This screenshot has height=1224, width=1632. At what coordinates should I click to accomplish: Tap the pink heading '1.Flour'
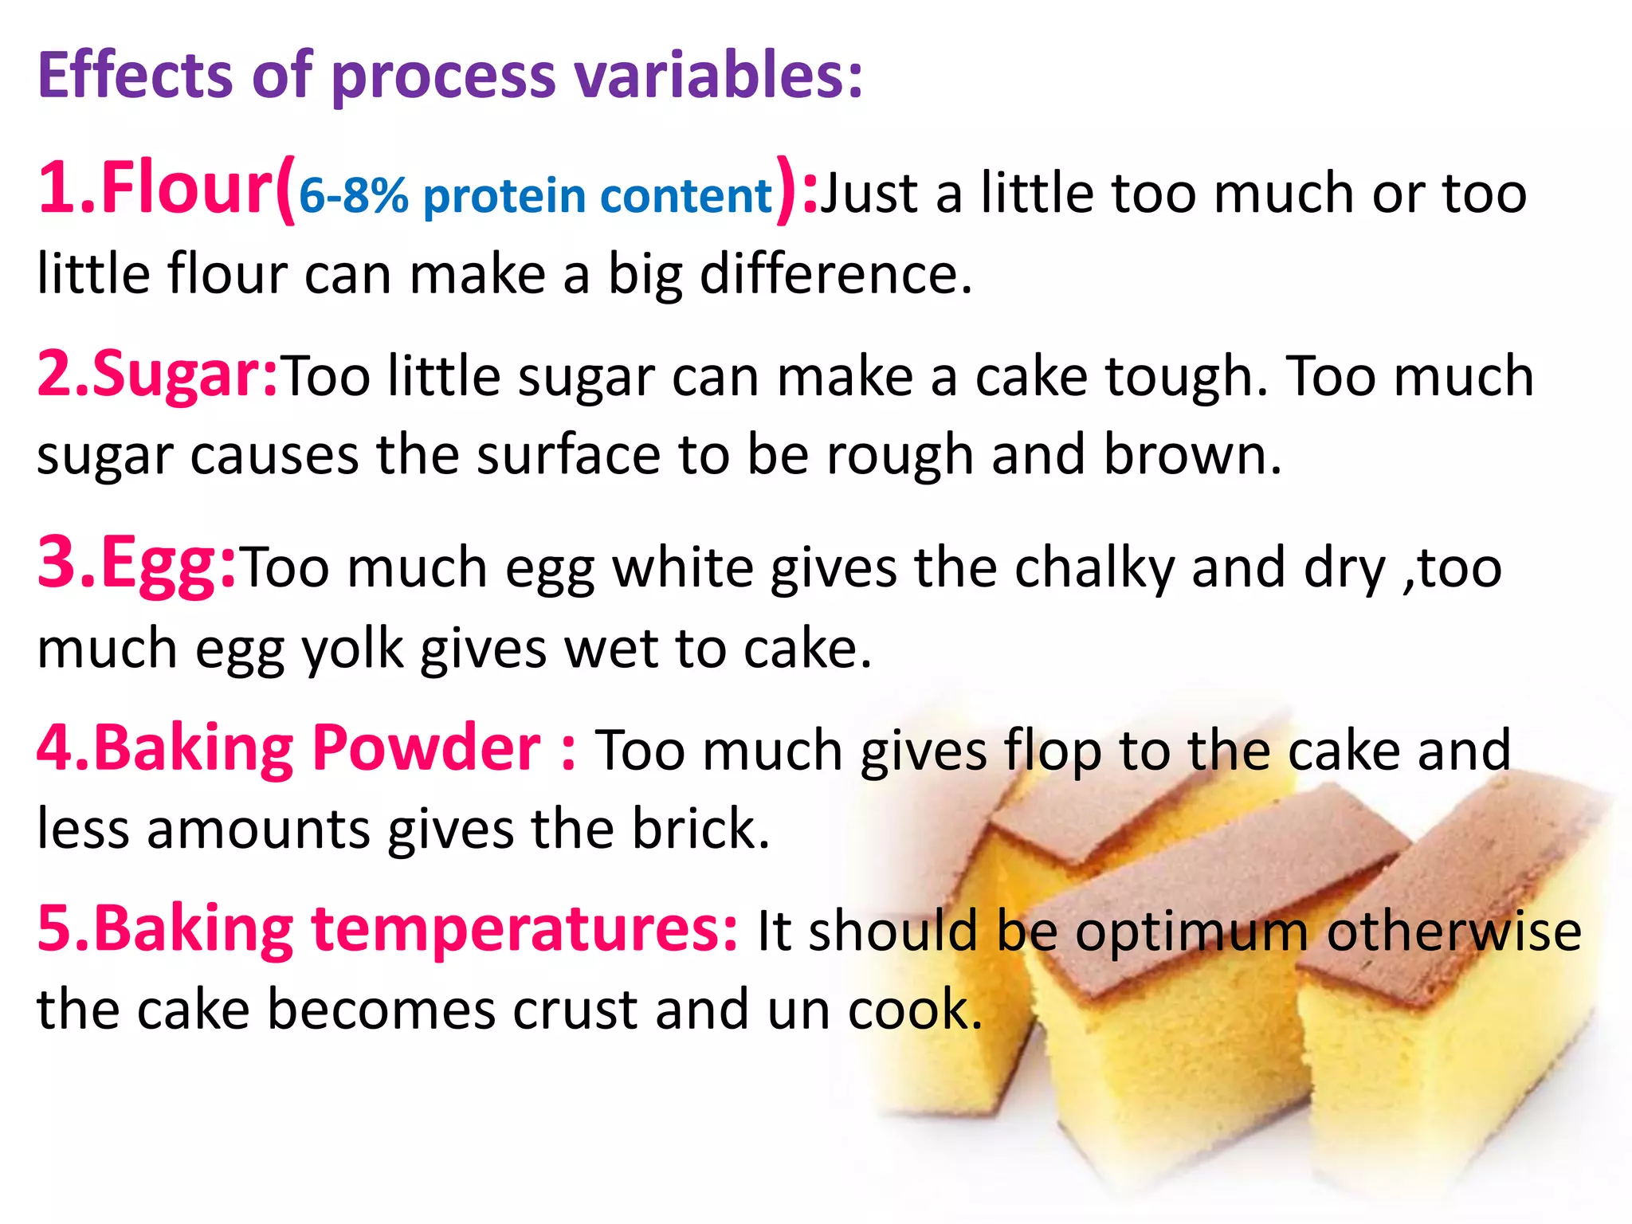pos(156,188)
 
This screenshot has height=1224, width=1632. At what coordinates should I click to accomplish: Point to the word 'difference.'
pos(836,273)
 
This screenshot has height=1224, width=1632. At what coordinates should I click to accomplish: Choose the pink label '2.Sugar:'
pos(157,375)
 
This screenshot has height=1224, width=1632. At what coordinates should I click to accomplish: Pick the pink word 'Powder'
pos(426,747)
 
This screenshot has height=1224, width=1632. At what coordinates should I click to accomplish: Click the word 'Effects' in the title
pos(135,76)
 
